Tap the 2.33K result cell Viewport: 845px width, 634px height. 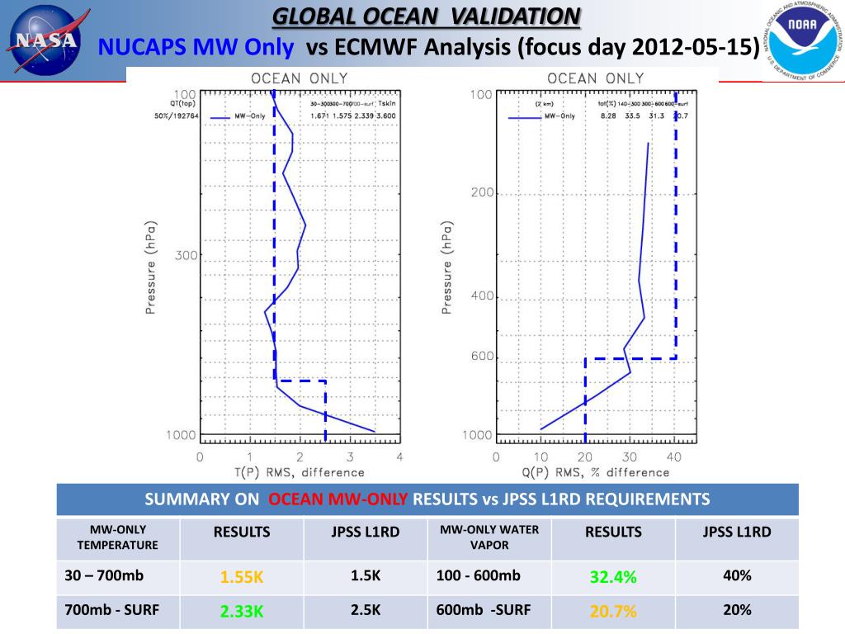241,612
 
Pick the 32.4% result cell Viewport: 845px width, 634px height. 612,577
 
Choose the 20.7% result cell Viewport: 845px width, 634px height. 612,612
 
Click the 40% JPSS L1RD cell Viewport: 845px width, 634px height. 736,576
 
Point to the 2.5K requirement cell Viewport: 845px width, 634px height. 365,611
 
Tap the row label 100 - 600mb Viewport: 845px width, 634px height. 479,576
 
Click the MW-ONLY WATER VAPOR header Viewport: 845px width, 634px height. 489,537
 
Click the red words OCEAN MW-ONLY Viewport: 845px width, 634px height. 338,499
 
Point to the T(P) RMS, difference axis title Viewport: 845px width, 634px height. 298,473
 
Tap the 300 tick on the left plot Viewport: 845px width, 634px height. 186,255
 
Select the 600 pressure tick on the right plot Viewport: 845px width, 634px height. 482,357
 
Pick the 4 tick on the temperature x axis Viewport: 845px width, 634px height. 400,457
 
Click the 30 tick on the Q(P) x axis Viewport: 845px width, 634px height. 630,457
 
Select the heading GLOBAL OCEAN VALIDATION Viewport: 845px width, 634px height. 426,16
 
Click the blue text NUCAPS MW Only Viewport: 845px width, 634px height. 196,48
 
